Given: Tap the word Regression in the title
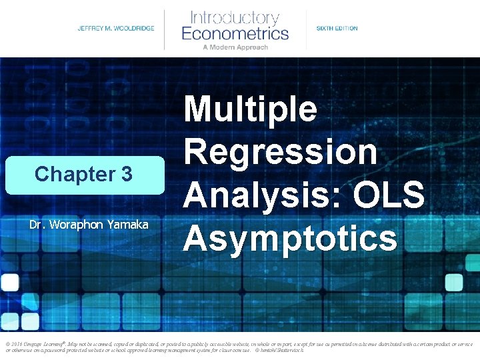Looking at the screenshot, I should (x=281, y=152).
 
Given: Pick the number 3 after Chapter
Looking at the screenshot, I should (x=126, y=175).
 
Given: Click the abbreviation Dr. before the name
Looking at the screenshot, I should (x=37, y=225).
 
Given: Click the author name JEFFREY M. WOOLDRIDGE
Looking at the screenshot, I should (x=115, y=29).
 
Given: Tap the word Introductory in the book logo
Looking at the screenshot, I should (x=235, y=17).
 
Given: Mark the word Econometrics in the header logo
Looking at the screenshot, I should (x=235, y=33).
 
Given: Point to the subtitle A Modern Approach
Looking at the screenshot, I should (x=235, y=47).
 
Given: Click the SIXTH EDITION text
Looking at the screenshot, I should (x=337, y=29).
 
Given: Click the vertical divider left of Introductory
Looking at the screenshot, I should (x=165, y=29).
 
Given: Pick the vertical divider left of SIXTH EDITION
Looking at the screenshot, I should (x=306, y=29).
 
